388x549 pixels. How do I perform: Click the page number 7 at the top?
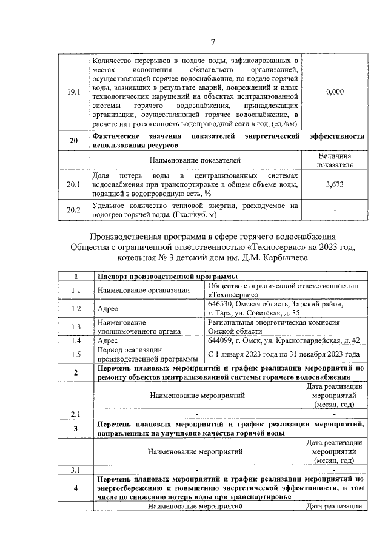pyautogui.click(x=213, y=42)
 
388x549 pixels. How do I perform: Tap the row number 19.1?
pyautogui.click(x=73, y=92)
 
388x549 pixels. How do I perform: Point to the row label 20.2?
pyautogui.click(x=73, y=210)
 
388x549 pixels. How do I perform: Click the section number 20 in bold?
pyautogui.click(x=73, y=141)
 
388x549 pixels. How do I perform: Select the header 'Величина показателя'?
pyautogui.click(x=335, y=160)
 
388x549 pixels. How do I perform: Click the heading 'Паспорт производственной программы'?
pyautogui.click(x=158, y=277)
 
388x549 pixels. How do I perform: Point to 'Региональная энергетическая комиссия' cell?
pyautogui.click(x=273, y=323)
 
